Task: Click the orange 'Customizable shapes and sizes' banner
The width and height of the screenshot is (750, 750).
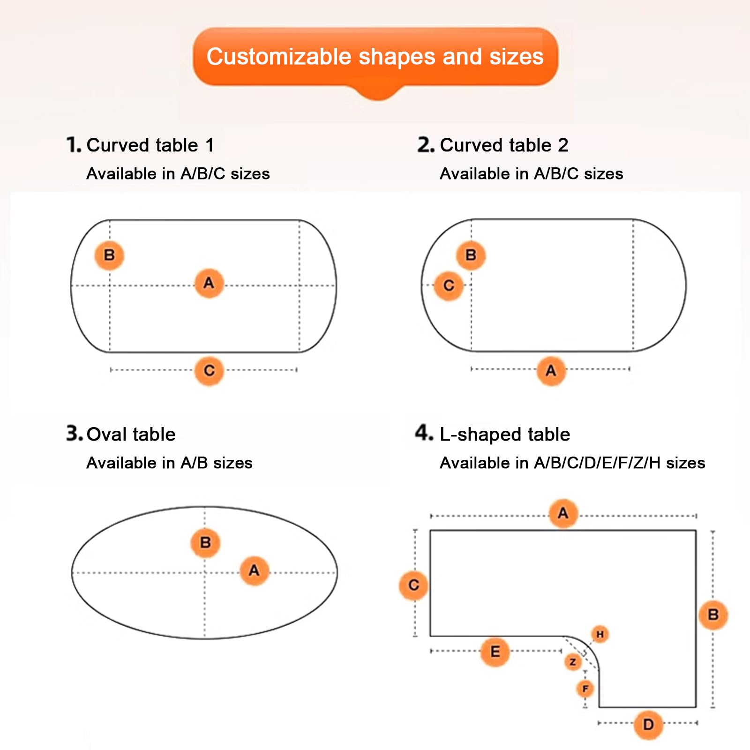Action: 375,59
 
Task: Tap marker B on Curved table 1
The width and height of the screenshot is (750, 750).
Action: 109,255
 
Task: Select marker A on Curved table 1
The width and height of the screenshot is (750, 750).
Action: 209,283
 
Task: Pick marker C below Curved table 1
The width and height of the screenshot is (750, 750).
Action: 209,371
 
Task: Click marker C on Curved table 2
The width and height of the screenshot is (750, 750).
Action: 449,285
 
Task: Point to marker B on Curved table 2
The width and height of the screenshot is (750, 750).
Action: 471,255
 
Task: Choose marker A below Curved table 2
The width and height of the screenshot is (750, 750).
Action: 551,371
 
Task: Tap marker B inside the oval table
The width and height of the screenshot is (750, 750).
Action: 205,543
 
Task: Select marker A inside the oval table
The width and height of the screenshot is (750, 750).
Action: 254,570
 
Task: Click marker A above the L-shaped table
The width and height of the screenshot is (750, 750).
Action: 563,514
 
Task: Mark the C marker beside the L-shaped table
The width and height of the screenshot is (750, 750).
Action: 413,585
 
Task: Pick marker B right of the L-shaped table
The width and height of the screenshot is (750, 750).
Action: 713,615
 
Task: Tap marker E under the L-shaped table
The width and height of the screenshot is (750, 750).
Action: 495,652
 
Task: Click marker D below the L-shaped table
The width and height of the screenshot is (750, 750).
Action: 648,725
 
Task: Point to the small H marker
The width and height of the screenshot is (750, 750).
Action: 600,635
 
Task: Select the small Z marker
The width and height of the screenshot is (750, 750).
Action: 573,662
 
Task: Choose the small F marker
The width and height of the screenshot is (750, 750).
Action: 585,689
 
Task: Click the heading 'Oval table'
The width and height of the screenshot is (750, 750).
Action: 131,435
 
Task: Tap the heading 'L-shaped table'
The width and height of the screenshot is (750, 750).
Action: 505,435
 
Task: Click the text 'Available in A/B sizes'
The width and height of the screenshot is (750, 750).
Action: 169,463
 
